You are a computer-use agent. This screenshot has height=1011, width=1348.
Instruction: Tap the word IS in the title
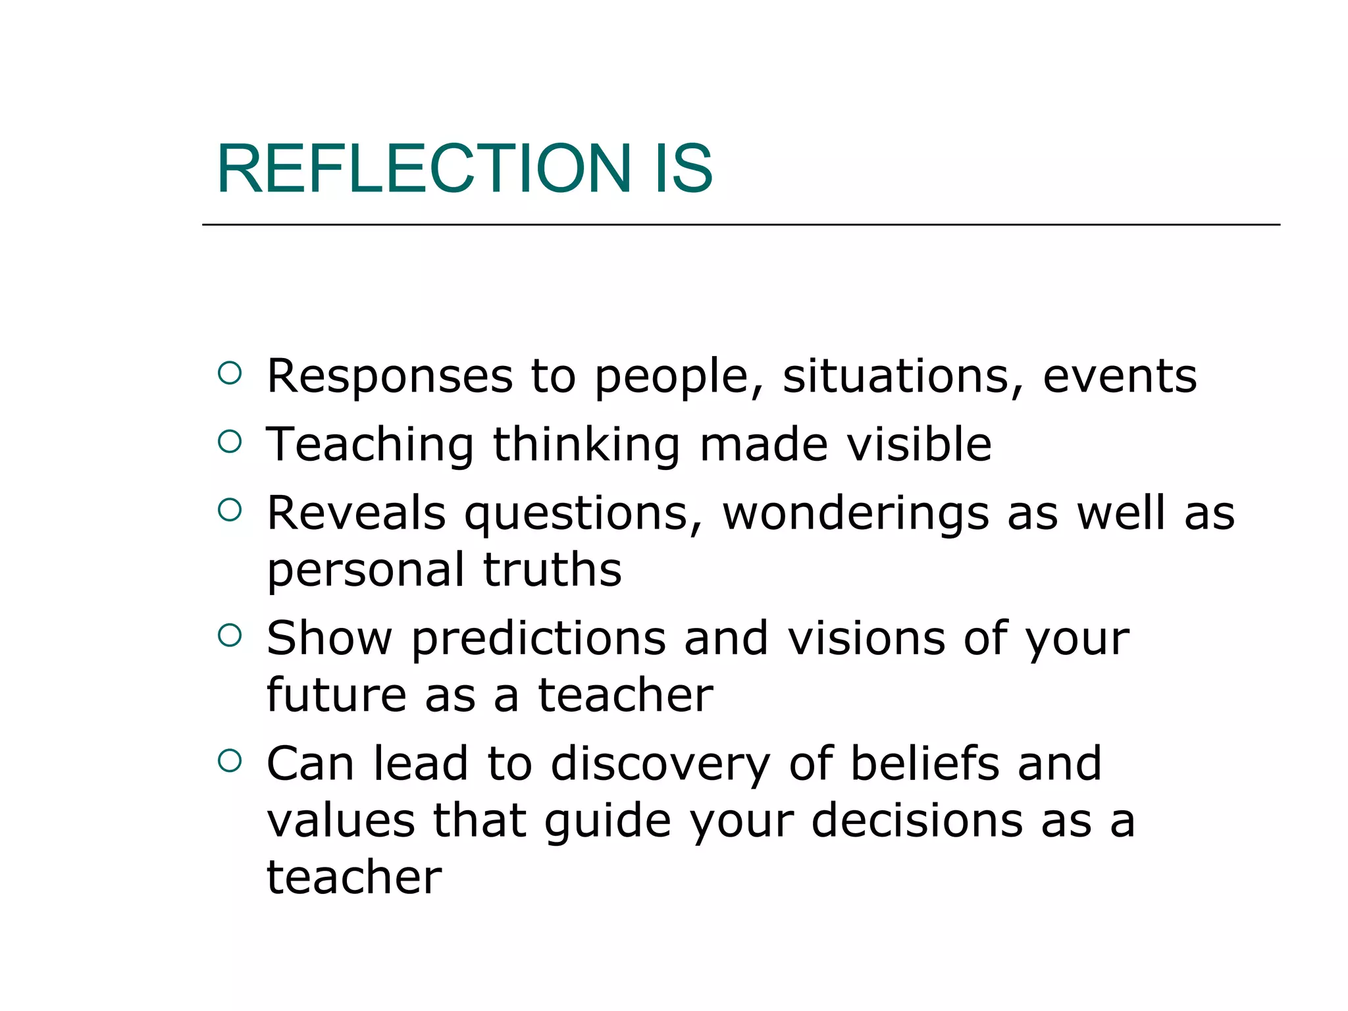(x=683, y=169)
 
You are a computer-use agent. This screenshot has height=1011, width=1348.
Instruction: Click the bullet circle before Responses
(x=230, y=373)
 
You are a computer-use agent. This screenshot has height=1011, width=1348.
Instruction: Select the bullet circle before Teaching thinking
(x=230, y=442)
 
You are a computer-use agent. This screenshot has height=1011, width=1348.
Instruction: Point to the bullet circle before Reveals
(x=230, y=510)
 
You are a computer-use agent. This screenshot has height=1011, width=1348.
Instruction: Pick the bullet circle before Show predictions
(x=230, y=635)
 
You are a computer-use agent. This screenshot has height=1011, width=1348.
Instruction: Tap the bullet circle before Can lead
(x=230, y=761)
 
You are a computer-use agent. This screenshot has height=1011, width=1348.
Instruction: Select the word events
(x=1120, y=376)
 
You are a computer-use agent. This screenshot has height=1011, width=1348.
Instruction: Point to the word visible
(x=919, y=444)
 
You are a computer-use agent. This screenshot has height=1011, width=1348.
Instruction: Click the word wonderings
(x=856, y=513)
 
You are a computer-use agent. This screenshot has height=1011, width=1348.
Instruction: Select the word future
(x=336, y=695)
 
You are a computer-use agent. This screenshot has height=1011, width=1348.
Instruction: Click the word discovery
(x=660, y=765)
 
